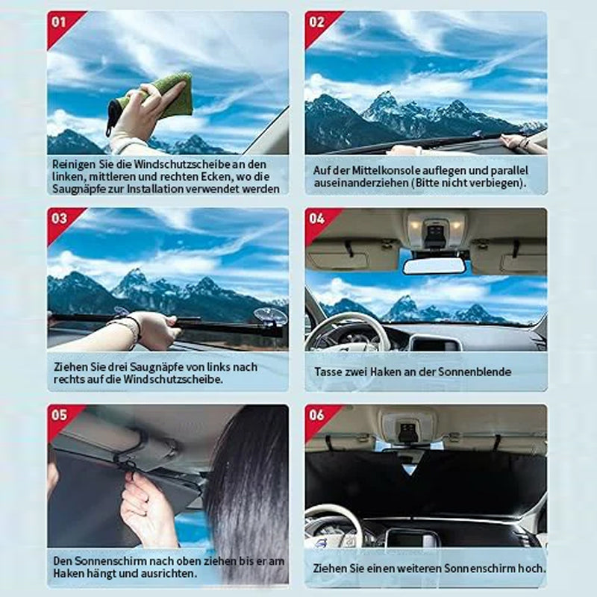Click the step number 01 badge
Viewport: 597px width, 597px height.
click(59, 22)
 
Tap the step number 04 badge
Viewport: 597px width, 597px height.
click(316, 219)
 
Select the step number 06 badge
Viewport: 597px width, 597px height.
click(316, 415)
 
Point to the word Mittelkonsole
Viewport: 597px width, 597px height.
click(390, 170)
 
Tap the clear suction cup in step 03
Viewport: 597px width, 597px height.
click(270, 316)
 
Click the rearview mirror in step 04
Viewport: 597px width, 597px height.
click(434, 266)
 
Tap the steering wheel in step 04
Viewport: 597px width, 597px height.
click(343, 332)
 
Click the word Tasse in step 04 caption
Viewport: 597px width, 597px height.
click(328, 372)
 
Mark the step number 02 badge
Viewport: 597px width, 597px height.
click(316, 22)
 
